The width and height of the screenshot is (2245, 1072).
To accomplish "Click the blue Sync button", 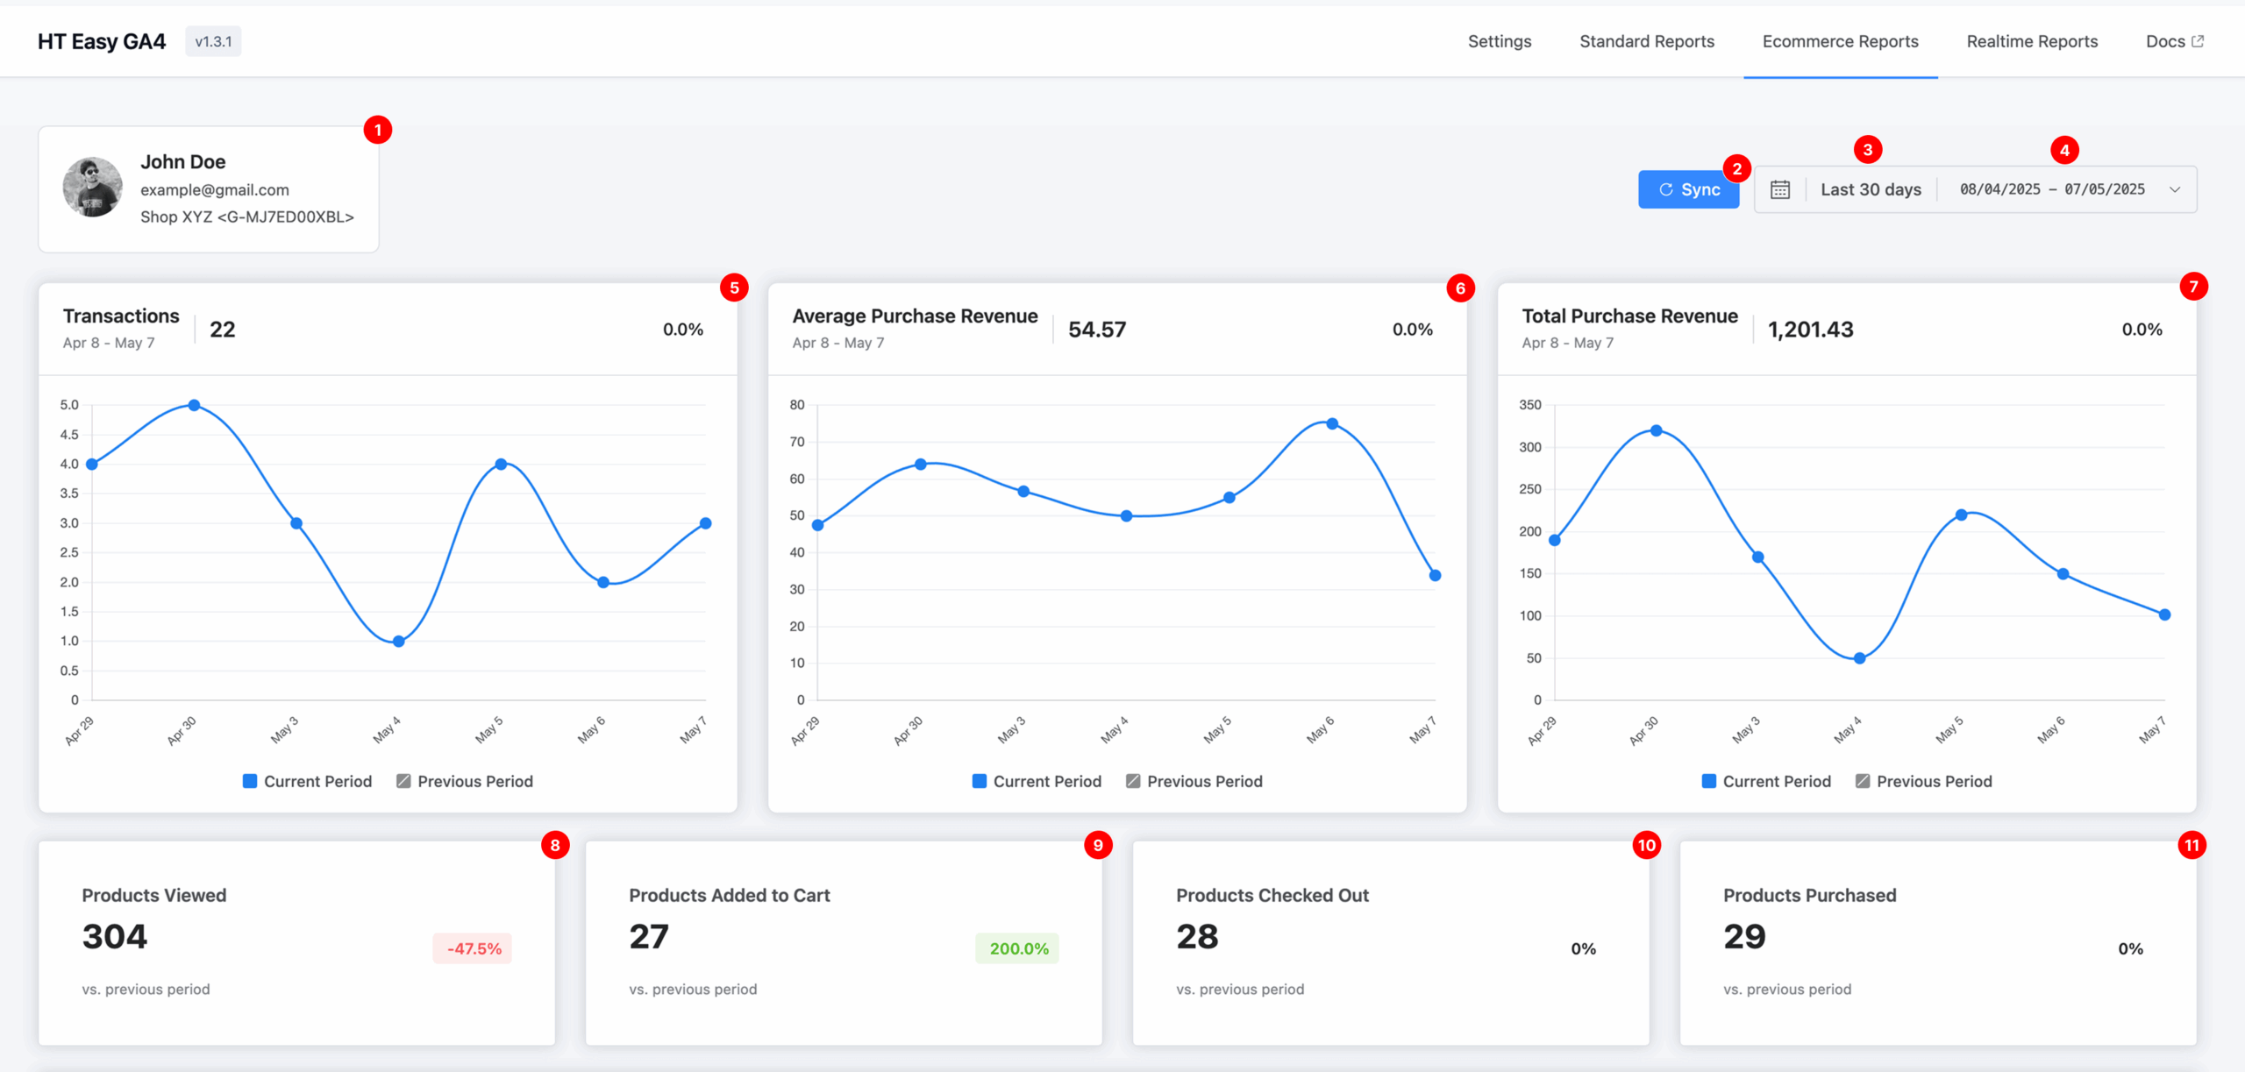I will point(1688,189).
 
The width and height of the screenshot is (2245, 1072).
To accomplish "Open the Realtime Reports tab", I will point(2032,41).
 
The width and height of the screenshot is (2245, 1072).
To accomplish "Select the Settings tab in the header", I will point(1500,41).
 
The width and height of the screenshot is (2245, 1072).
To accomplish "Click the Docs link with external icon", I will point(2174,41).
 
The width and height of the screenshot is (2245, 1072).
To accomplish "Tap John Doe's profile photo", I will point(92,188).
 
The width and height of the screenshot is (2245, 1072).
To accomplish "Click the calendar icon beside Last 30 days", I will point(1780,190).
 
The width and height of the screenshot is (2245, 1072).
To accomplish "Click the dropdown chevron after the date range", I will point(2175,189).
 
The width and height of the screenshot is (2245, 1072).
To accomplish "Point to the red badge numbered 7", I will point(2193,287).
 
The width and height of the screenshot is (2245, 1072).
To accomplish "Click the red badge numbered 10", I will point(1646,845).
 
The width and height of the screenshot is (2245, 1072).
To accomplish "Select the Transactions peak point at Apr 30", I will point(195,405).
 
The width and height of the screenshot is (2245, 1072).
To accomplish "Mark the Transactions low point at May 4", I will point(399,642).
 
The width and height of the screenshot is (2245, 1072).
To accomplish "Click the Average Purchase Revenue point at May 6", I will point(1332,423).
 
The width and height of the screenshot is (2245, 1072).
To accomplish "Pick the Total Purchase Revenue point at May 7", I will point(2165,614).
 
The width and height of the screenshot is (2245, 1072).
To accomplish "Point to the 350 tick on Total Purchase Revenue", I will point(1530,405).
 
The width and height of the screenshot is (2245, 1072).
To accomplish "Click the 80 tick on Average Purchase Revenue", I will point(797,405).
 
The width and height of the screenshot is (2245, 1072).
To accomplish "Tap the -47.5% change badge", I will point(474,948).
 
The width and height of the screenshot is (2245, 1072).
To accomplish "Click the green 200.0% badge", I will point(1018,948).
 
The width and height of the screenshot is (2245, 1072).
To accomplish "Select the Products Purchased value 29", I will point(1744,937).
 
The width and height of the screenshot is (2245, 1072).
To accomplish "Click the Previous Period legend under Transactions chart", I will point(465,781).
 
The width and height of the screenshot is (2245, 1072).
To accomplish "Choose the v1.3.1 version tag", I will point(213,41).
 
